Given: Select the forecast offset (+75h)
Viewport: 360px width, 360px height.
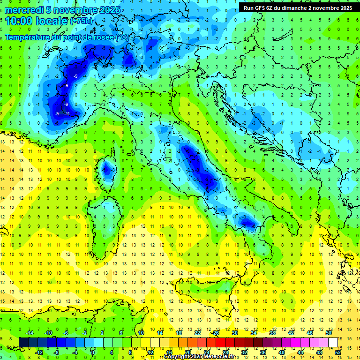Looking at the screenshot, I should (82, 21).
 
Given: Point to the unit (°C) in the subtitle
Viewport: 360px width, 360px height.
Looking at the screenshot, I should (122, 37).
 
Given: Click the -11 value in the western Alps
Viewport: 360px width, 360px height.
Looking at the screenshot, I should (67, 113).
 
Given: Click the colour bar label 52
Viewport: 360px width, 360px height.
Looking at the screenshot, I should (337, 352).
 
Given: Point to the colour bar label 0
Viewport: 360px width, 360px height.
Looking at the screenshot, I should (93, 352).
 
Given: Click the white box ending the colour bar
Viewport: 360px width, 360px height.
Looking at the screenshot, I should (333, 342).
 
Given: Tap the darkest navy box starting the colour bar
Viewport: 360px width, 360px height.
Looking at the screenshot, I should (23, 342).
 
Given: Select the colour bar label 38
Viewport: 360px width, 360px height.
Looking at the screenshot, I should (272, 333).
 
